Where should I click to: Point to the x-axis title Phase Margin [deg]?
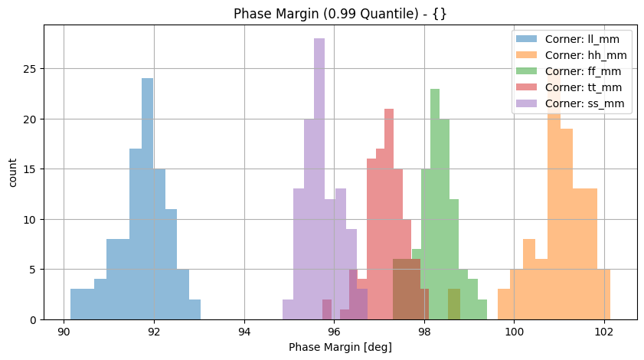[340, 347]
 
